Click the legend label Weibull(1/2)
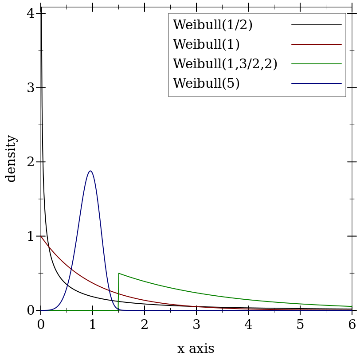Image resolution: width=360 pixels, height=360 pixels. (212, 25)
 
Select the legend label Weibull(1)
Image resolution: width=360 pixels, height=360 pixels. (206, 44)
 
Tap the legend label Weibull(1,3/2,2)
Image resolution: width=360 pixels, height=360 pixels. (225, 64)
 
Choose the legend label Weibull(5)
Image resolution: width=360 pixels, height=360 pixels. (206, 83)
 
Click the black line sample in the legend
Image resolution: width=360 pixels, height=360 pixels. (316, 25)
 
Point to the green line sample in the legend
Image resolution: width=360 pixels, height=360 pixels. (316, 64)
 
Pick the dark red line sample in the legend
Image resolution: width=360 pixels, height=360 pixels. (316, 44)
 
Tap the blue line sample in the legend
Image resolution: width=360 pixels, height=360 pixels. (316, 83)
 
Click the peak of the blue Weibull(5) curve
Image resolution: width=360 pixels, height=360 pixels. (90, 171)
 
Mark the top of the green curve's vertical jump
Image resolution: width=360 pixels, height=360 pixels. (119, 273)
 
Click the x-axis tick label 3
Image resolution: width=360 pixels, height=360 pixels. (196, 325)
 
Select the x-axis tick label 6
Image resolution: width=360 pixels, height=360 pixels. (352, 325)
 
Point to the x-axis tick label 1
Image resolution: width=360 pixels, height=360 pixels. (93, 325)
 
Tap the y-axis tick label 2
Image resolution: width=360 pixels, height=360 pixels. (31, 162)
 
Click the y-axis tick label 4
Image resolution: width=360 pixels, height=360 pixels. (31, 13)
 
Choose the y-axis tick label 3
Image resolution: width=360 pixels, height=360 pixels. (31, 88)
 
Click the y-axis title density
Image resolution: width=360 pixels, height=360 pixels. (11, 158)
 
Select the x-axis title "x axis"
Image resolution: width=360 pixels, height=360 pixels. (196, 349)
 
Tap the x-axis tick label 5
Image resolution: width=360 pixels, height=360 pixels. (300, 325)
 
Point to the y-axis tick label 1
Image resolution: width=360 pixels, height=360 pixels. (31, 236)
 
